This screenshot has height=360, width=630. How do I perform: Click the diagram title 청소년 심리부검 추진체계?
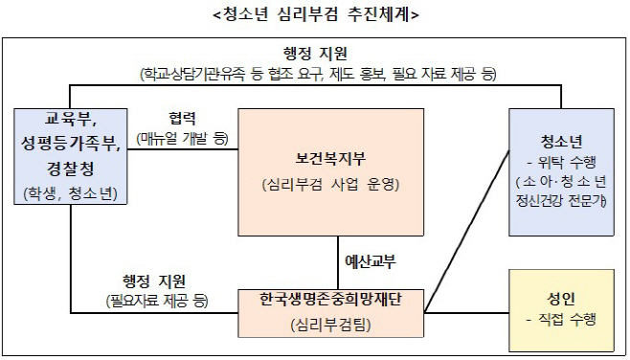315,14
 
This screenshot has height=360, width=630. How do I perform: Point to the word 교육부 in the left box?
70,120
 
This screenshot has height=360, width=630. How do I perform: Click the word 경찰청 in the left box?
70,169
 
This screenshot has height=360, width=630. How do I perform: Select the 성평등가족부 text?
70,145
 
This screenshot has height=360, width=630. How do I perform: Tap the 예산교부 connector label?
371,260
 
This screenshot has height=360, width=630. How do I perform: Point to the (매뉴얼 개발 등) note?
182,138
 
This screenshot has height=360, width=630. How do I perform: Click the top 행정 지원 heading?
315,53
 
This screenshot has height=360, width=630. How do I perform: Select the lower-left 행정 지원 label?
155,281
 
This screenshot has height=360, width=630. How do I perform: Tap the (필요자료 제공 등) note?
155,301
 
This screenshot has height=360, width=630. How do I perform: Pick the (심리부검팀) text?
330,326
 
